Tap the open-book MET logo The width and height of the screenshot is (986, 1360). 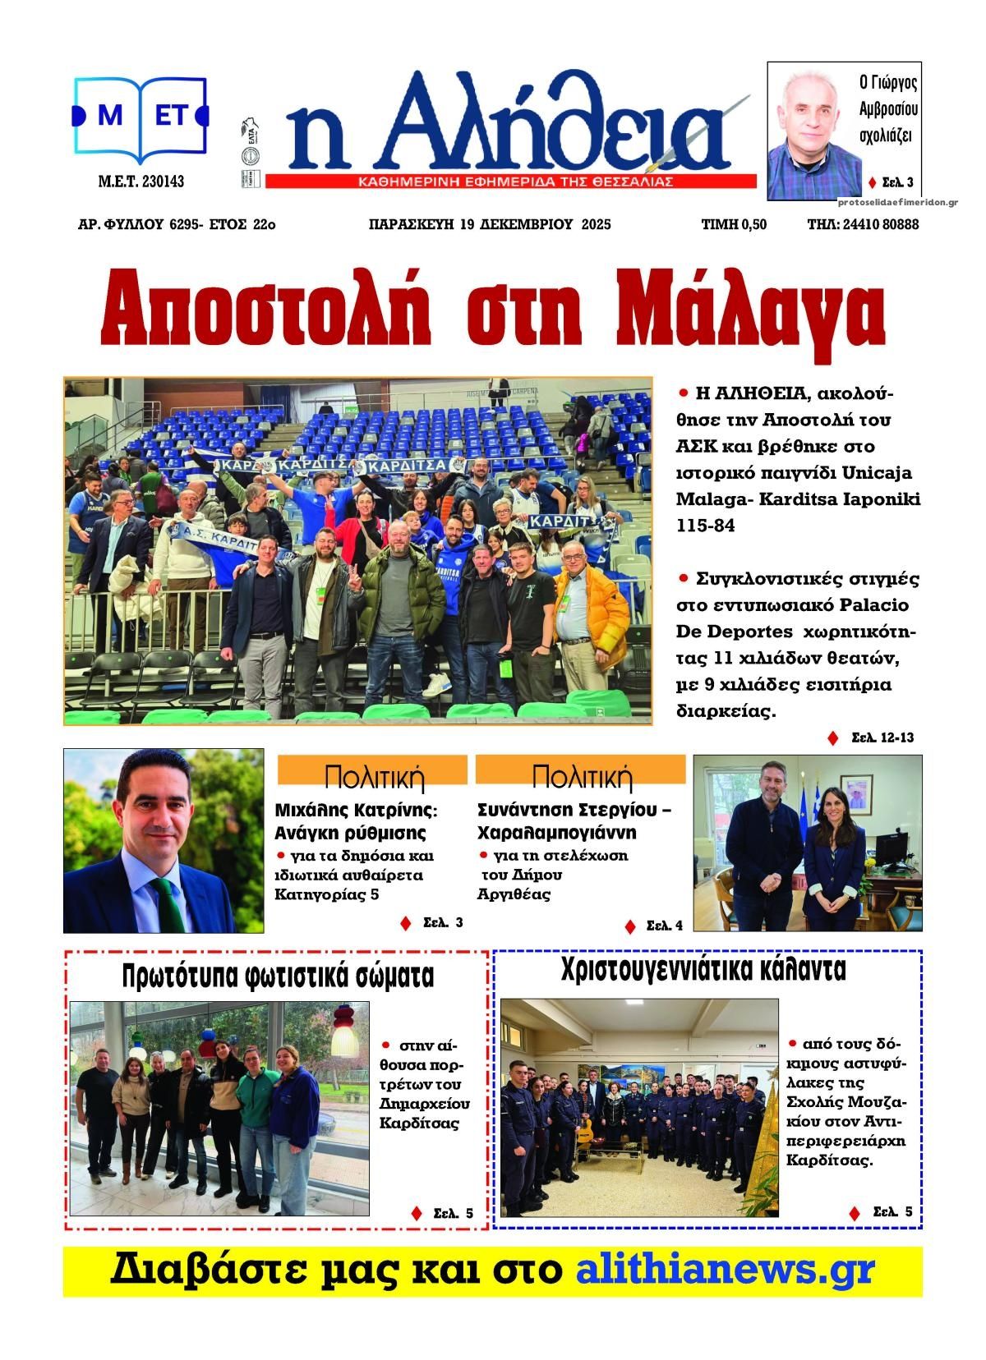(x=141, y=117)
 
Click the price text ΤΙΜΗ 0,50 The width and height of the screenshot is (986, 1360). (x=734, y=224)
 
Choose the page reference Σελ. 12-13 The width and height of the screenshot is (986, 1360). (x=882, y=737)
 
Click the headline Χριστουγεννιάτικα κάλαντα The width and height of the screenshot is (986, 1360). (x=703, y=970)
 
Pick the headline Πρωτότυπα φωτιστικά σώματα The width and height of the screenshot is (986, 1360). (x=277, y=976)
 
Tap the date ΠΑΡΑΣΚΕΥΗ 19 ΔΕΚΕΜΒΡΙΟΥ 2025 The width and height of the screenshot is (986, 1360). (x=490, y=224)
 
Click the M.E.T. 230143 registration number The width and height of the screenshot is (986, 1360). (x=141, y=181)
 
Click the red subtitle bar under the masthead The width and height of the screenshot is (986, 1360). (x=510, y=181)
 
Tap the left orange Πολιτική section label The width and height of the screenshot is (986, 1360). (x=373, y=775)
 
